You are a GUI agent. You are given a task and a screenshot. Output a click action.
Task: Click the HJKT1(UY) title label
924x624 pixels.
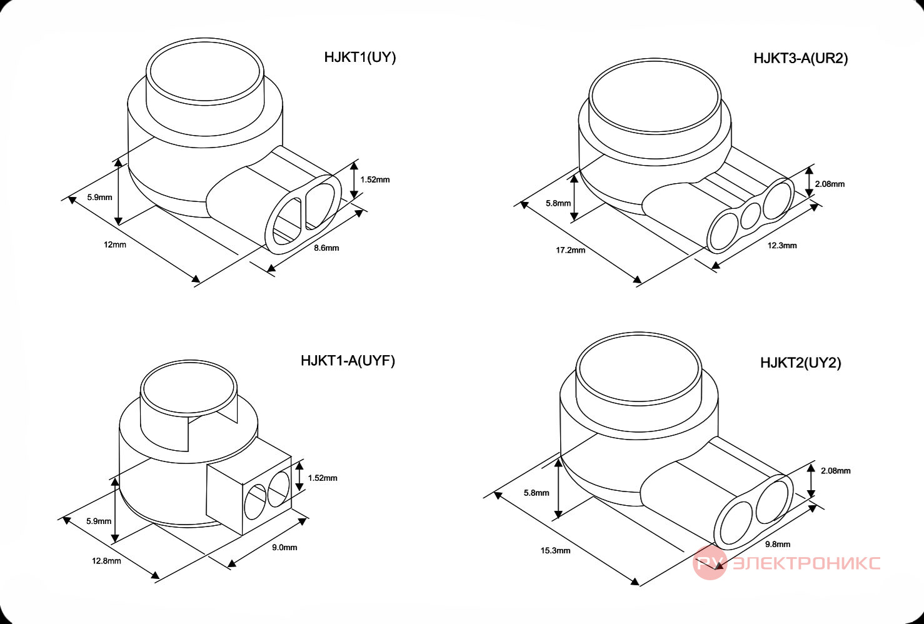click(x=359, y=58)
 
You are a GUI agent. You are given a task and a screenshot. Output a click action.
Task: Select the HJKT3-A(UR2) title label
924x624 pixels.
click(x=801, y=58)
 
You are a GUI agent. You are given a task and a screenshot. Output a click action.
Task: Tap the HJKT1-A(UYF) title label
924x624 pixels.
click(x=348, y=361)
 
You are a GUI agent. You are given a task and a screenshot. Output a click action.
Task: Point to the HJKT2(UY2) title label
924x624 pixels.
click(x=800, y=363)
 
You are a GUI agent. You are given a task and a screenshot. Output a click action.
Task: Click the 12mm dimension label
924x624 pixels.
click(x=114, y=244)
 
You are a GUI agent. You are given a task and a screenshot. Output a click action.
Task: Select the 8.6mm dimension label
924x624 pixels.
click(x=326, y=248)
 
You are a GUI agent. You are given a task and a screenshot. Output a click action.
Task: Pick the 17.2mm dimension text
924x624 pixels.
click(x=570, y=250)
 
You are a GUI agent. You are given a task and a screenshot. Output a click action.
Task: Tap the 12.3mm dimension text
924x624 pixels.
click(x=781, y=245)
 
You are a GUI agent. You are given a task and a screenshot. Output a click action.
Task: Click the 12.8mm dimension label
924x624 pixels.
click(x=106, y=561)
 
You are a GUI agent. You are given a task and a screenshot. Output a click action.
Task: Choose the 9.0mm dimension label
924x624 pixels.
click(x=284, y=547)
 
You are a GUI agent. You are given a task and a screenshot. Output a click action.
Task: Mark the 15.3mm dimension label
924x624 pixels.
click(x=555, y=551)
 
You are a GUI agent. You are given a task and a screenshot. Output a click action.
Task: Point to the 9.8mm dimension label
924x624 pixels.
click(x=778, y=545)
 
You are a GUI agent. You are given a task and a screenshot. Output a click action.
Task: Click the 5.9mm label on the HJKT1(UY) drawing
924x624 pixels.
click(x=99, y=197)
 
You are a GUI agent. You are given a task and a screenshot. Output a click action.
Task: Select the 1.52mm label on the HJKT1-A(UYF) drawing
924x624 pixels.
click(x=323, y=478)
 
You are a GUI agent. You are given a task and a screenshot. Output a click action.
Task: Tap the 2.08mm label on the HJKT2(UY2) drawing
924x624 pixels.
click(x=836, y=471)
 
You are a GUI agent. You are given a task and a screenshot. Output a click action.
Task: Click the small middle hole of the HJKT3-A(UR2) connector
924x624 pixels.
click(x=751, y=216)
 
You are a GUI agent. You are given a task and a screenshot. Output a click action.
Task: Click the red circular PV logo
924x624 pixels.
click(x=710, y=563)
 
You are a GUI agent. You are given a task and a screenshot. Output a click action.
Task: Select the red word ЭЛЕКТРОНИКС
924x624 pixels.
click(x=806, y=563)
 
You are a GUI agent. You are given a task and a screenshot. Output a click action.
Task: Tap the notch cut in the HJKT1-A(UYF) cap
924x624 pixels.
click(x=213, y=431)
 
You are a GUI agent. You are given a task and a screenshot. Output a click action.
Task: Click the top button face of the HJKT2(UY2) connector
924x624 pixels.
click(x=638, y=368)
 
